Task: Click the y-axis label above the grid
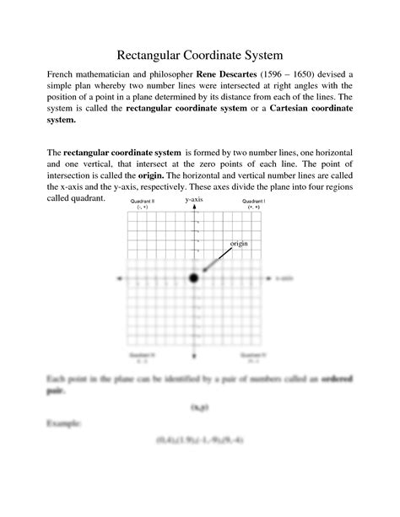pyautogui.click(x=194, y=199)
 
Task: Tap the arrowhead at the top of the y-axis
pyautogui.click(x=194, y=208)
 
